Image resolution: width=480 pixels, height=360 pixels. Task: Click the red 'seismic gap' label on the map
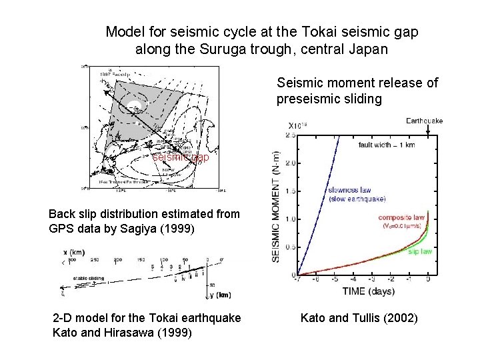coord(180,158)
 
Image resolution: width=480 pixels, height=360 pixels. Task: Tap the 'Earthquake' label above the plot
coord(424,121)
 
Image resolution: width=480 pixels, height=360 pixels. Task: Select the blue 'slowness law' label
coord(351,190)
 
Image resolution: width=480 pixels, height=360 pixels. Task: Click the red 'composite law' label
coord(403,217)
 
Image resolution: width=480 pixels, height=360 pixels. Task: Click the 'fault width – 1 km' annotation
coord(387,145)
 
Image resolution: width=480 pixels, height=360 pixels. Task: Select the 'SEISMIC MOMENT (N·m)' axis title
coord(277,205)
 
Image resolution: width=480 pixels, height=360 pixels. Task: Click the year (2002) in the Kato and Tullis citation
coord(402,319)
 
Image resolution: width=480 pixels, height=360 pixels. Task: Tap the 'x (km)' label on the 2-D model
coord(73,251)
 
